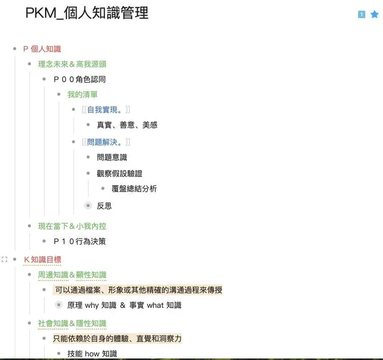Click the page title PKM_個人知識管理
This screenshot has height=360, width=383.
(x=86, y=13)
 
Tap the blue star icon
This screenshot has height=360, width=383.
(x=375, y=14)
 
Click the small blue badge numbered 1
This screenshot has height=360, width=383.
(x=361, y=14)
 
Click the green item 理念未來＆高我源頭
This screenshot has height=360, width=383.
(x=72, y=64)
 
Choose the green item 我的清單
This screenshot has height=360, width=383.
(x=82, y=94)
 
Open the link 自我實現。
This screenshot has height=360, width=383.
(x=105, y=110)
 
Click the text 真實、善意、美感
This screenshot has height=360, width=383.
(x=127, y=125)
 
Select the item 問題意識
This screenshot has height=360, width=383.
(x=112, y=157)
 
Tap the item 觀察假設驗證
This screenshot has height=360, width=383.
(x=119, y=173)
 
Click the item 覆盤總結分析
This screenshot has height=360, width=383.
(x=134, y=189)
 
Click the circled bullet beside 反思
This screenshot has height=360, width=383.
(x=89, y=206)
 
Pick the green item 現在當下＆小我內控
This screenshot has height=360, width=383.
(x=72, y=226)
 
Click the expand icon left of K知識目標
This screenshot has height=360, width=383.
(x=5, y=259)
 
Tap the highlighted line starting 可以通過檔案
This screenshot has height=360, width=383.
(x=138, y=290)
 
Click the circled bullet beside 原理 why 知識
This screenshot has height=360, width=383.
(x=59, y=305)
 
